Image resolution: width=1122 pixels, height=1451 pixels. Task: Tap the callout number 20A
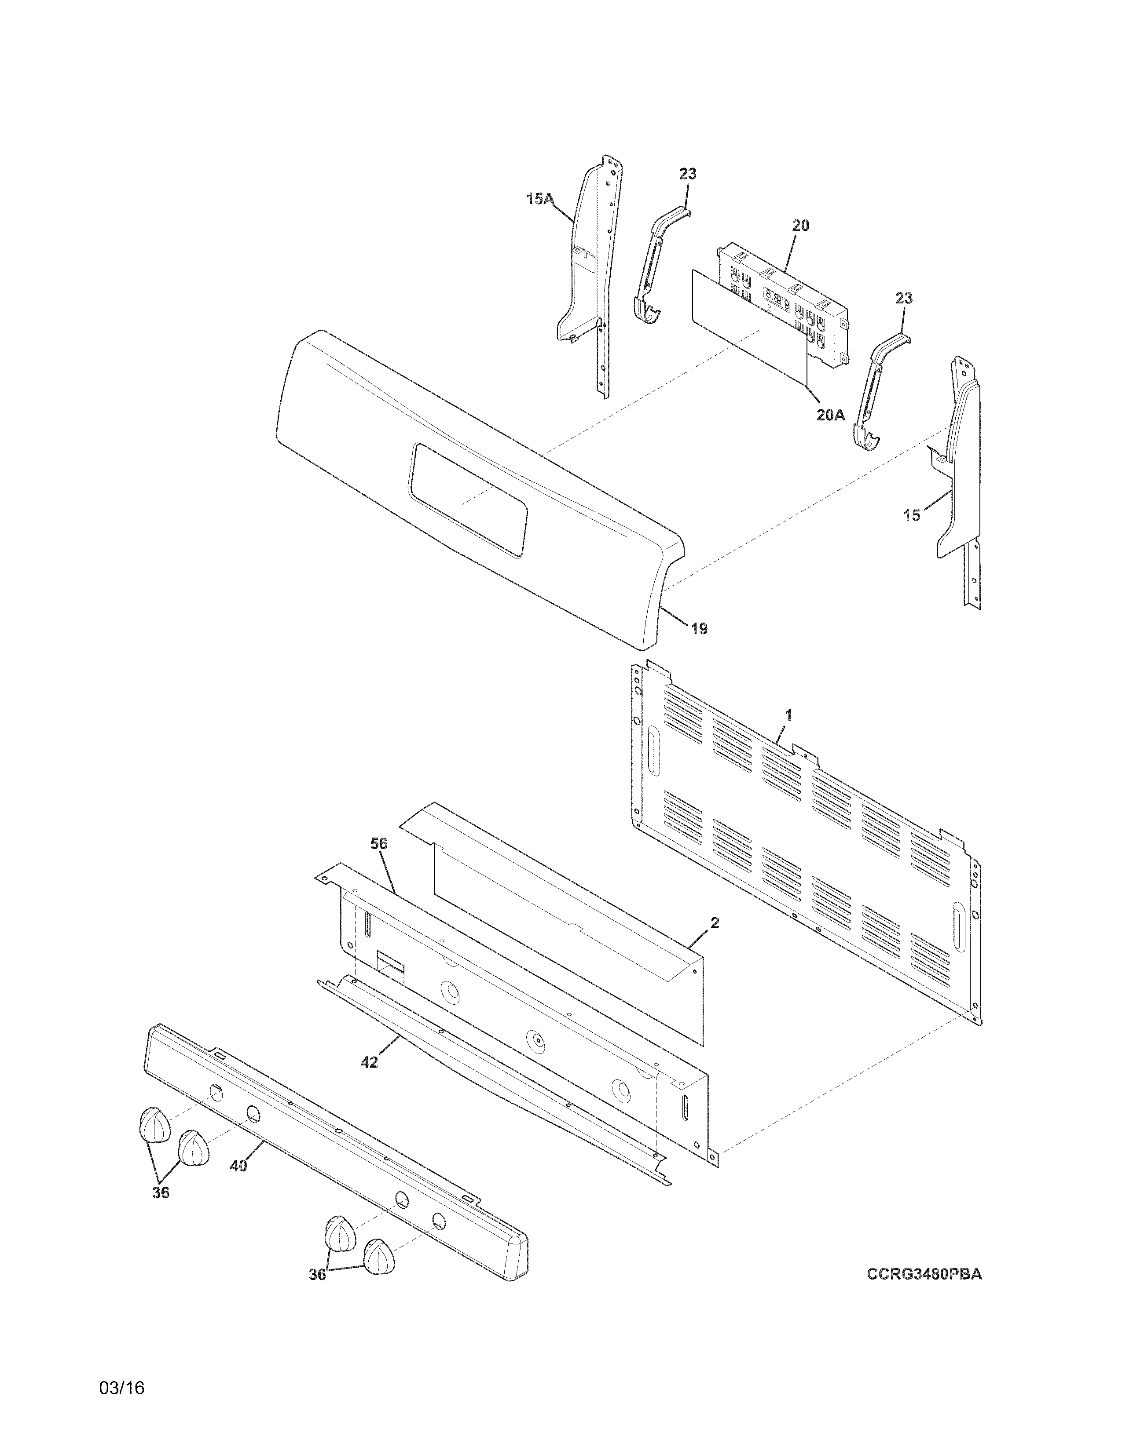pyautogui.click(x=830, y=415)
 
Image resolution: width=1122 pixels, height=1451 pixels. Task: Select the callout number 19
pyautogui.click(x=699, y=628)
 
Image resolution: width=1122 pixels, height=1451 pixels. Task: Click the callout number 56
pyautogui.click(x=378, y=844)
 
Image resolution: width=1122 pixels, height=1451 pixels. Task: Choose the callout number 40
pyautogui.click(x=238, y=1165)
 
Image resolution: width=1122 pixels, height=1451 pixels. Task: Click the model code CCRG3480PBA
pyautogui.click(x=924, y=1274)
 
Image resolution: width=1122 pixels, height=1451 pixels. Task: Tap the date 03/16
pyautogui.click(x=121, y=1388)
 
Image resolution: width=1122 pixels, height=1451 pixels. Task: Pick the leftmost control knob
pyautogui.click(x=154, y=1123)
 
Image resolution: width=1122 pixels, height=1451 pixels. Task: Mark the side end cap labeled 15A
pyautogui.click(x=585, y=266)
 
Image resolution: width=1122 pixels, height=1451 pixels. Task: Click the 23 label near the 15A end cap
pyautogui.click(x=688, y=174)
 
